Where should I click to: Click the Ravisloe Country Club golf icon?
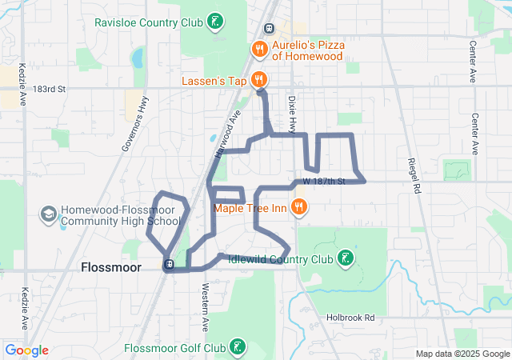pyautogui.click(x=214, y=22)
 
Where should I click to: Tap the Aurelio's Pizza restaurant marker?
pyautogui.click(x=259, y=50)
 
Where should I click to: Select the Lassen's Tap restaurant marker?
pyautogui.click(x=259, y=79)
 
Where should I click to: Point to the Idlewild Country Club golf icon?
pyautogui.click(x=345, y=258)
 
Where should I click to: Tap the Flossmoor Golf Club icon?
pyautogui.click(x=238, y=348)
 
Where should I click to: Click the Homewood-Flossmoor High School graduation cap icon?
pyautogui.click(x=48, y=214)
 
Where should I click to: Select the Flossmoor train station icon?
pyautogui.click(x=169, y=265)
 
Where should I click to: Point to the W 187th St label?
pyautogui.click(x=323, y=182)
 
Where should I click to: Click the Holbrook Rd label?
pyautogui.click(x=350, y=318)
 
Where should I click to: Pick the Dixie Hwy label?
pyautogui.click(x=292, y=114)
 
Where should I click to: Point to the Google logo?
pyautogui.click(x=26, y=350)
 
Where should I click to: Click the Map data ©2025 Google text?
pyautogui.click(x=461, y=354)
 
